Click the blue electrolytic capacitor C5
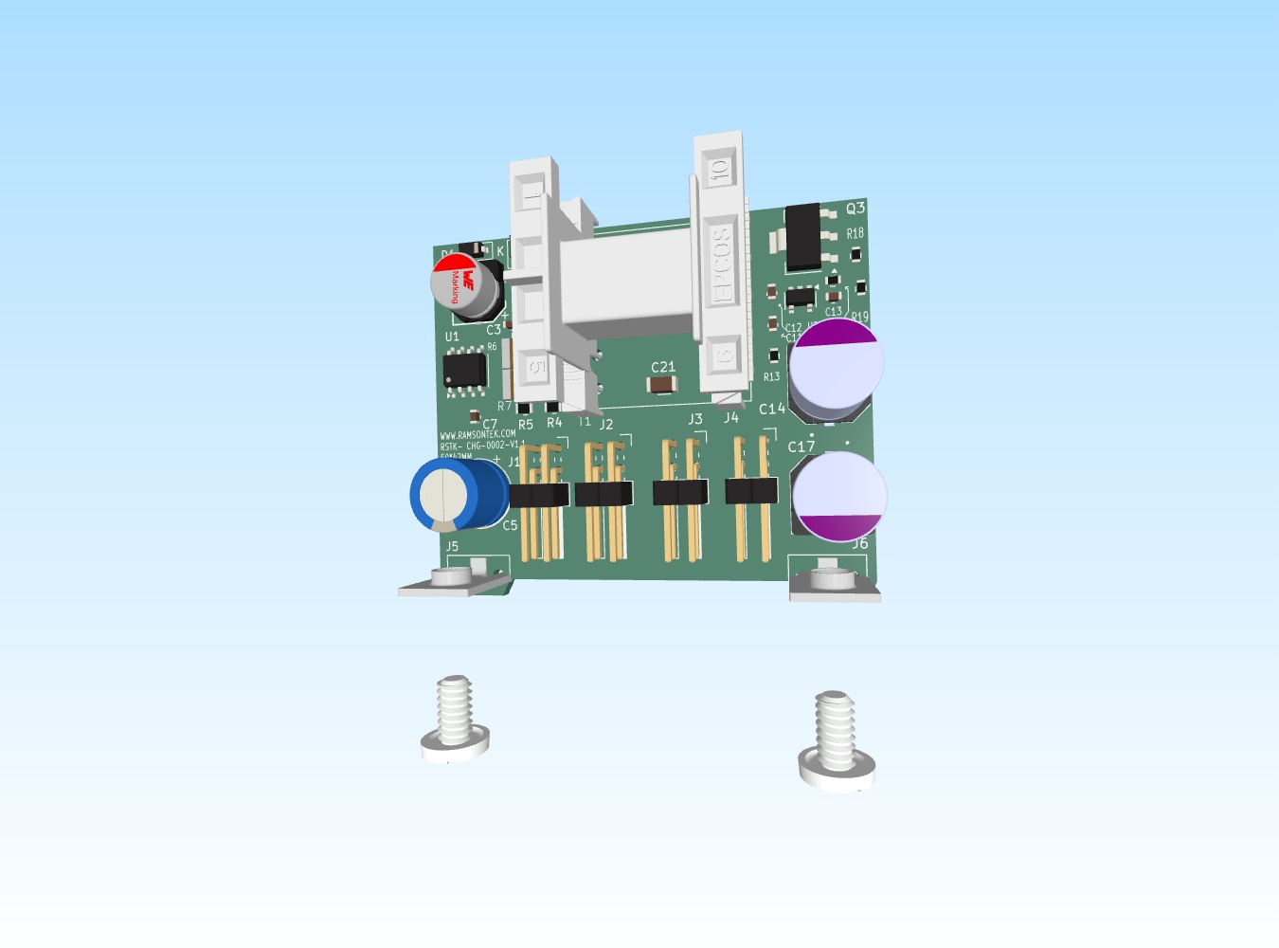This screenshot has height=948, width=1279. [457, 493]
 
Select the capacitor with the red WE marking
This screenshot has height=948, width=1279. [465, 284]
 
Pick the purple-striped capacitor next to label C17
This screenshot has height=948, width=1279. [839, 497]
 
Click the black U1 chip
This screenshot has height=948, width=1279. [464, 369]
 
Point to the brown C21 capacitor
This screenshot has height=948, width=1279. [661, 383]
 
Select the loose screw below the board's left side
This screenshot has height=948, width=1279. [455, 720]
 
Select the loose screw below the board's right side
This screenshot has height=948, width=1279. [836, 739]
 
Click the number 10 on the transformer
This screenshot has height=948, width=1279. [719, 170]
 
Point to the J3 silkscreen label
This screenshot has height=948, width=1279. [695, 419]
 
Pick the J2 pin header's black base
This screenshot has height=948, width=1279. [603, 494]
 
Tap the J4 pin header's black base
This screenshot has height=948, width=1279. [751, 490]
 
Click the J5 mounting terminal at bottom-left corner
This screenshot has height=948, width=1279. [453, 579]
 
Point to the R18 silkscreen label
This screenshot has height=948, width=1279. [855, 233]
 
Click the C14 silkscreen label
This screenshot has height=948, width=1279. [771, 410]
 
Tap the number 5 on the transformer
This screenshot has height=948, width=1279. [535, 367]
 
